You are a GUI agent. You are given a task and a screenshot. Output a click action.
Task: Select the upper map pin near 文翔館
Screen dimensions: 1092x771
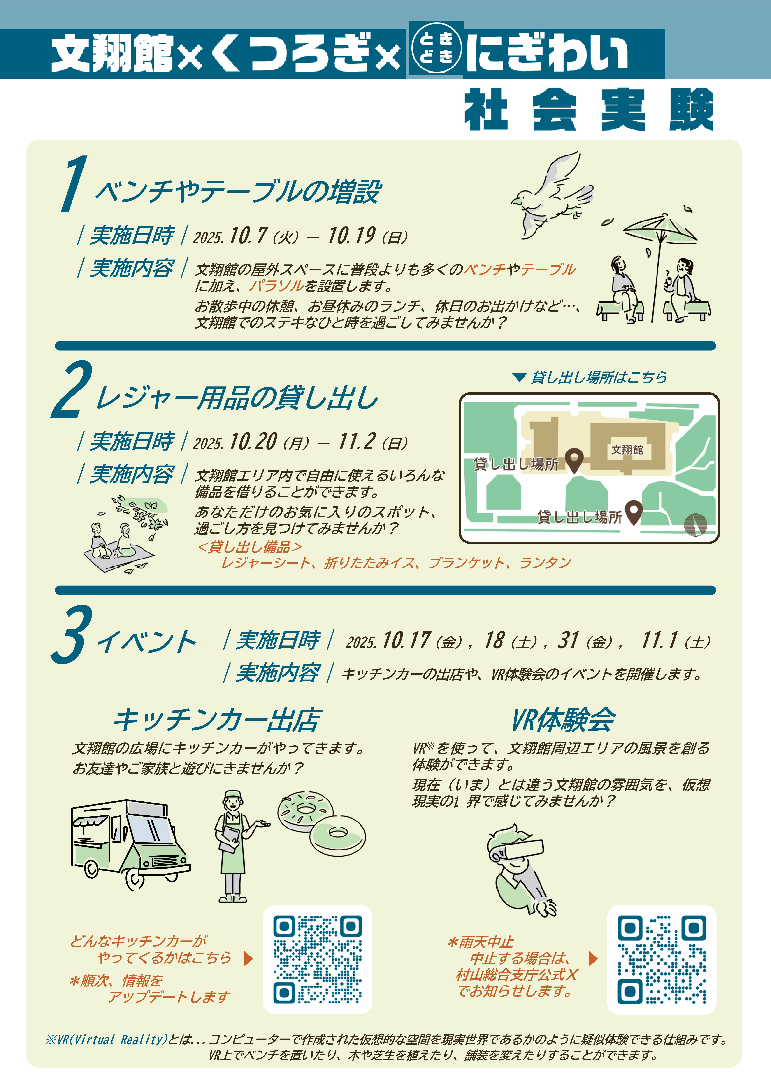pos(576,459)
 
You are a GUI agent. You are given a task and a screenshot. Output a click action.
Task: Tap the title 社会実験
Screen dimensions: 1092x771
pos(588,109)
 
